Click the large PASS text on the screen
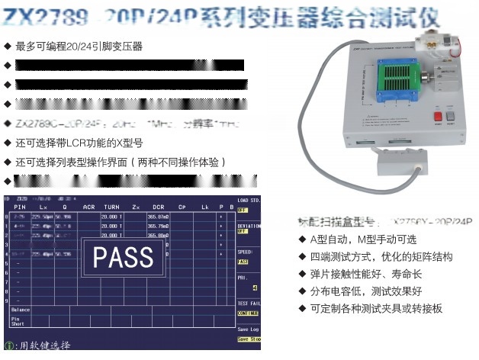click(x=122, y=257)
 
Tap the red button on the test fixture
click(x=438, y=117)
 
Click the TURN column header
click(x=111, y=207)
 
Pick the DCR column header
click(x=158, y=207)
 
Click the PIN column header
click(x=21, y=207)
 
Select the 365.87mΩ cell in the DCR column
click(x=158, y=217)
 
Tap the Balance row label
click(x=21, y=310)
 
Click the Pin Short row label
click(x=18, y=323)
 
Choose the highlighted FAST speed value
click(x=243, y=261)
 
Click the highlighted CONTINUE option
click(x=248, y=313)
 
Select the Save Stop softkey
click(x=249, y=339)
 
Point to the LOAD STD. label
click(x=249, y=200)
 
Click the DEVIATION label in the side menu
click(x=249, y=227)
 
